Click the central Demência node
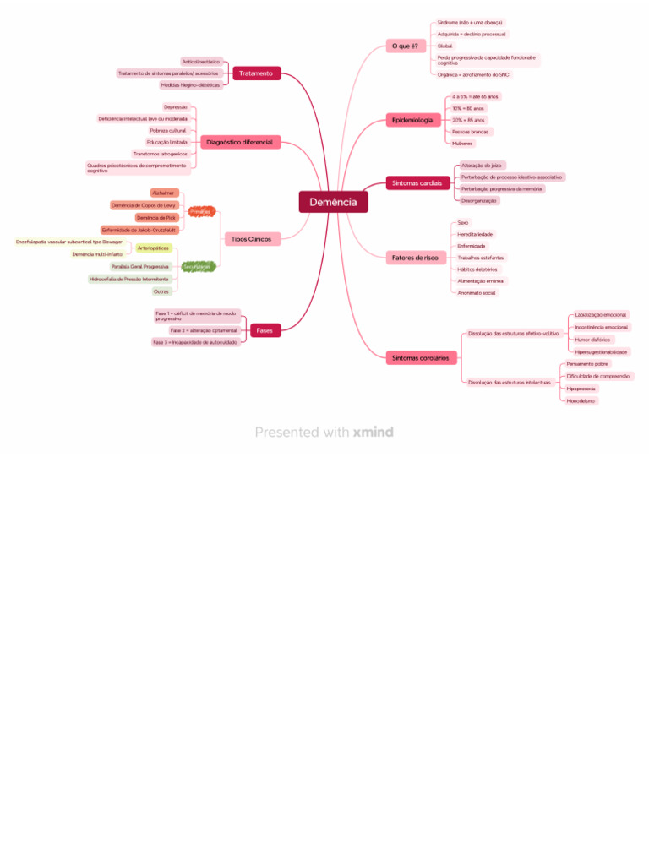tap(333, 202)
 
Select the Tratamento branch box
tap(256, 73)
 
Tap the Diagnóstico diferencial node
tap(239, 142)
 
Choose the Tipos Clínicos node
tap(251, 239)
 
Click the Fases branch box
tap(265, 330)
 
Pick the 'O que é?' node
tap(405, 46)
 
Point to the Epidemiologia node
tap(412, 120)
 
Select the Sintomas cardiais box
tap(417, 182)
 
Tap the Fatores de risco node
tap(415, 257)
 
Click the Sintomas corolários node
tap(420, 358)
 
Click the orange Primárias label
tap(200, 211)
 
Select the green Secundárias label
tap(198, 266)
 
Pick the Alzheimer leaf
tap(164, 193)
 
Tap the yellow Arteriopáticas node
tap(153, 248)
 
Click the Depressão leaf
tap(176, 107)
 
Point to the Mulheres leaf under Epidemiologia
tap(462, 144)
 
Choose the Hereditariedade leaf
tap(475, 234)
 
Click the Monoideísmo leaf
tap(581, 400)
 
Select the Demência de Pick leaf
tap(156, 217)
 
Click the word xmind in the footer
tap(373, 432)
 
